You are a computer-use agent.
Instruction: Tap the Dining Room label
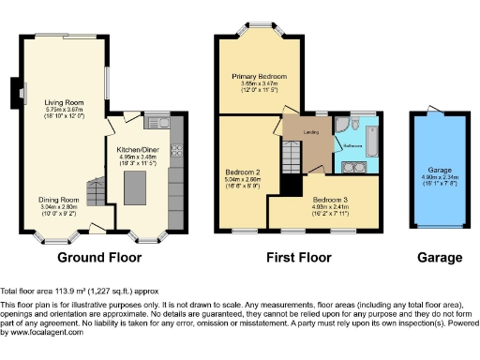click(x=58, y=199)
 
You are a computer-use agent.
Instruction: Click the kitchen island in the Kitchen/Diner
click(x=146, y=177)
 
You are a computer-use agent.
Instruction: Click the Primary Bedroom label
click(x=260, y=75)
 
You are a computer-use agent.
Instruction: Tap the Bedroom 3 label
click(x=333, y=201)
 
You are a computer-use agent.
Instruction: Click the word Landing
click(x=312, y=132)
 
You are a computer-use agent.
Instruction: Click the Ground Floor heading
click(x=99, y=258)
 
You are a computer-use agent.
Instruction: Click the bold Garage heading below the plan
click(x=439, y=258)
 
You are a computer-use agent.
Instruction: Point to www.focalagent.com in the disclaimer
click(x=34, y=332)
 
